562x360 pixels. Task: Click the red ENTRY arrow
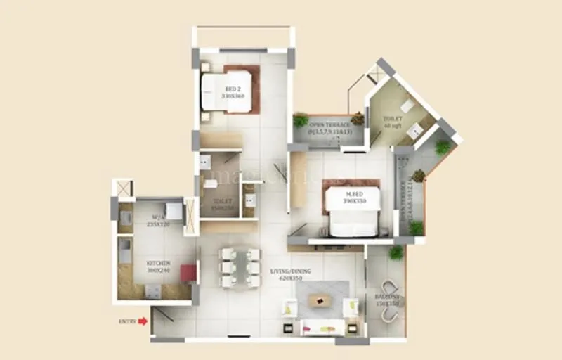click(x=143, y=321)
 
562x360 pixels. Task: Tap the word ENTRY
click(x=127, y=321)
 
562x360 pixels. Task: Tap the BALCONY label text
click(x=386, y=298)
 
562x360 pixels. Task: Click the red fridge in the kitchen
click(x=188, y=273)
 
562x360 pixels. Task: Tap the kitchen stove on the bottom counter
click(x=152, y=290)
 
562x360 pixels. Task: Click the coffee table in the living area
click(x=320, y=300)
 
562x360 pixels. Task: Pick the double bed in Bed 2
click(x=227, y=90)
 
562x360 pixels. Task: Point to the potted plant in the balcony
click(x=396, y=252)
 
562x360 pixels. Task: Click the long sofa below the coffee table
click(x=322, y=327)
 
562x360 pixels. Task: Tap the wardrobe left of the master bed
click(x=298, y=179)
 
